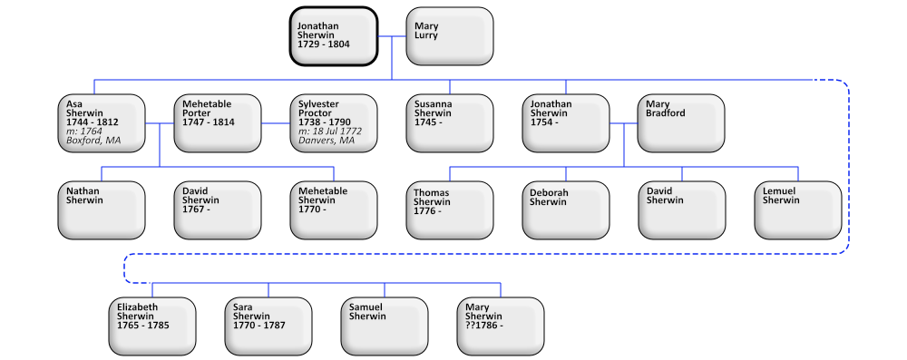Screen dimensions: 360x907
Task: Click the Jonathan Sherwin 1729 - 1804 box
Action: tap(334, 36)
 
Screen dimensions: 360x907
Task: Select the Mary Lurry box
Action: tap(450, 36)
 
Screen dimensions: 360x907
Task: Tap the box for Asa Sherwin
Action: tap(102, 122)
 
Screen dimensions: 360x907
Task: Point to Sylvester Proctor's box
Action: tap(334, 122)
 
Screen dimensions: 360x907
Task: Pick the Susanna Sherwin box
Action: tap(450, 122)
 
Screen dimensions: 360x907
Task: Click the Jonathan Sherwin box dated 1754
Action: tap(566, 122)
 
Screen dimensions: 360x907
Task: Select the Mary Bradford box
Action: tap(681, 122)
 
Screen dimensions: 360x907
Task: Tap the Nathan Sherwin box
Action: tap(102, 209)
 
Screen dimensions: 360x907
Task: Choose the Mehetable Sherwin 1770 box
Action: tap(334, 209)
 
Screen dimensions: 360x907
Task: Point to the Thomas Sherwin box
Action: tap(450, 209)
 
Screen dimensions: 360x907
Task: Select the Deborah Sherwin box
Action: tap(566, 209)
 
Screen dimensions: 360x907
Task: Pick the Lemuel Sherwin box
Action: tap(798, 209)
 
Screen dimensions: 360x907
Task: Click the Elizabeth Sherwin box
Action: tap(152, 326)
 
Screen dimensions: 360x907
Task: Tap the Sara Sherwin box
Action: tap(268, 326)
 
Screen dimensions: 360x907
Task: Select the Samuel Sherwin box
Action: tap(385, 326)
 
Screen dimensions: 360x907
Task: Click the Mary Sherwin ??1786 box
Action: tap(501, 326)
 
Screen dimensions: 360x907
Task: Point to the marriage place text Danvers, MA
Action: tap(327, 141)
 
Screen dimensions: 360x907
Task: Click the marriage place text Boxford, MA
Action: tap(93, 141)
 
